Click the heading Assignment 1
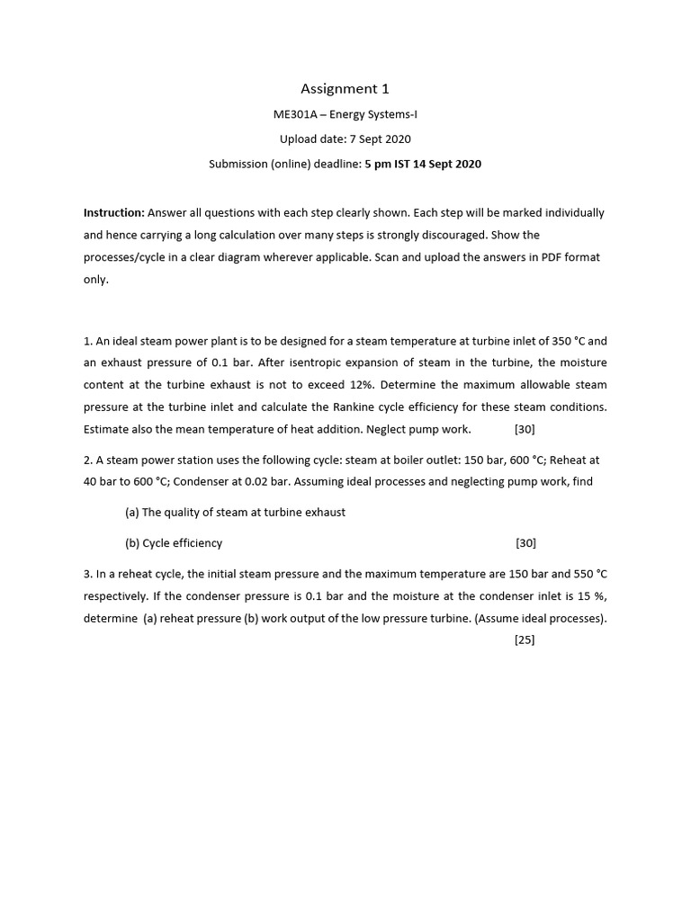pyautogui.click(x=345, y=88)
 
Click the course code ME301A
pyautogui.click(x=294, y=114)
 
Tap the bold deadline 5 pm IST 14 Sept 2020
pyautogui.click(x=423, y=164)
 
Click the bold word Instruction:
pyautogui.click(x=114, y=213)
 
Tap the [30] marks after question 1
pyautogui.click(x=525, y=429)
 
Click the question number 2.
pyautogui.click(x=86, y=460)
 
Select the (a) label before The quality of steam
pyautogui.click(x=132, y=513)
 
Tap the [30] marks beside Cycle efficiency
pyautogui.click(x=526, y=543)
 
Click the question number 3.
pyautogui.click(x=86, y=574)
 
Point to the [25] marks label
pyautogui.click(x=525, y=640)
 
